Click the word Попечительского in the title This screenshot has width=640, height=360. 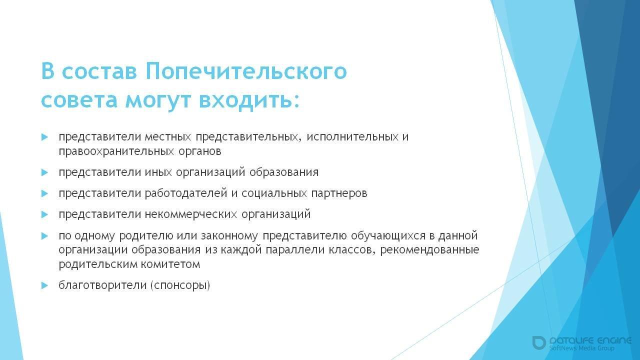(x=246, y=71)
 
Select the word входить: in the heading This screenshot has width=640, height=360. (x=249, y=99)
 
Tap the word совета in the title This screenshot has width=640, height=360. (x=80, y=99)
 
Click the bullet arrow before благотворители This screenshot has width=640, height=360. (x=44, y=285)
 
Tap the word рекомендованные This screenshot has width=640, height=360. (x=429, y=249)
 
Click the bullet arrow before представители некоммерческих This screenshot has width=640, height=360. (x=44, y=214)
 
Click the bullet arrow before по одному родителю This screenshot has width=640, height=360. (x=44, y=235)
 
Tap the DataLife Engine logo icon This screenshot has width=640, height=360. (x=539, y=342)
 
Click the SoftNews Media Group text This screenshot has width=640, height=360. (x=581, y=348)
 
